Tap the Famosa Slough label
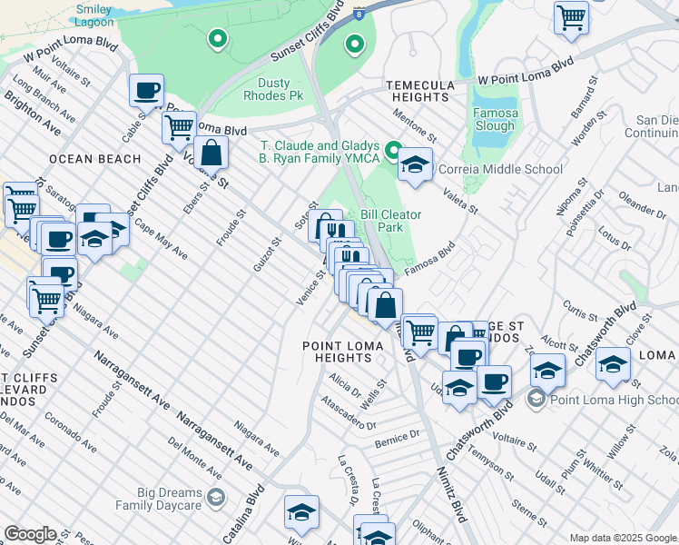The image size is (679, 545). point(495,120)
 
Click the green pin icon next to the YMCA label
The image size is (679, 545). point(393,149)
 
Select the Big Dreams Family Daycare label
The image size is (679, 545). point(159,497)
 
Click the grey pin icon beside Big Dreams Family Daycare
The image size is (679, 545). point(216,497)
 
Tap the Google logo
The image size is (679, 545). point(30,534)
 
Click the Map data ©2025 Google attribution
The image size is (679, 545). point(623,538)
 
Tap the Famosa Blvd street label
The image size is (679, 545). point(430,256)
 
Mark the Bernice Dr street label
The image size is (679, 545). point(396,442)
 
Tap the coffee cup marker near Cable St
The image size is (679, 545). point(146,91)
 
